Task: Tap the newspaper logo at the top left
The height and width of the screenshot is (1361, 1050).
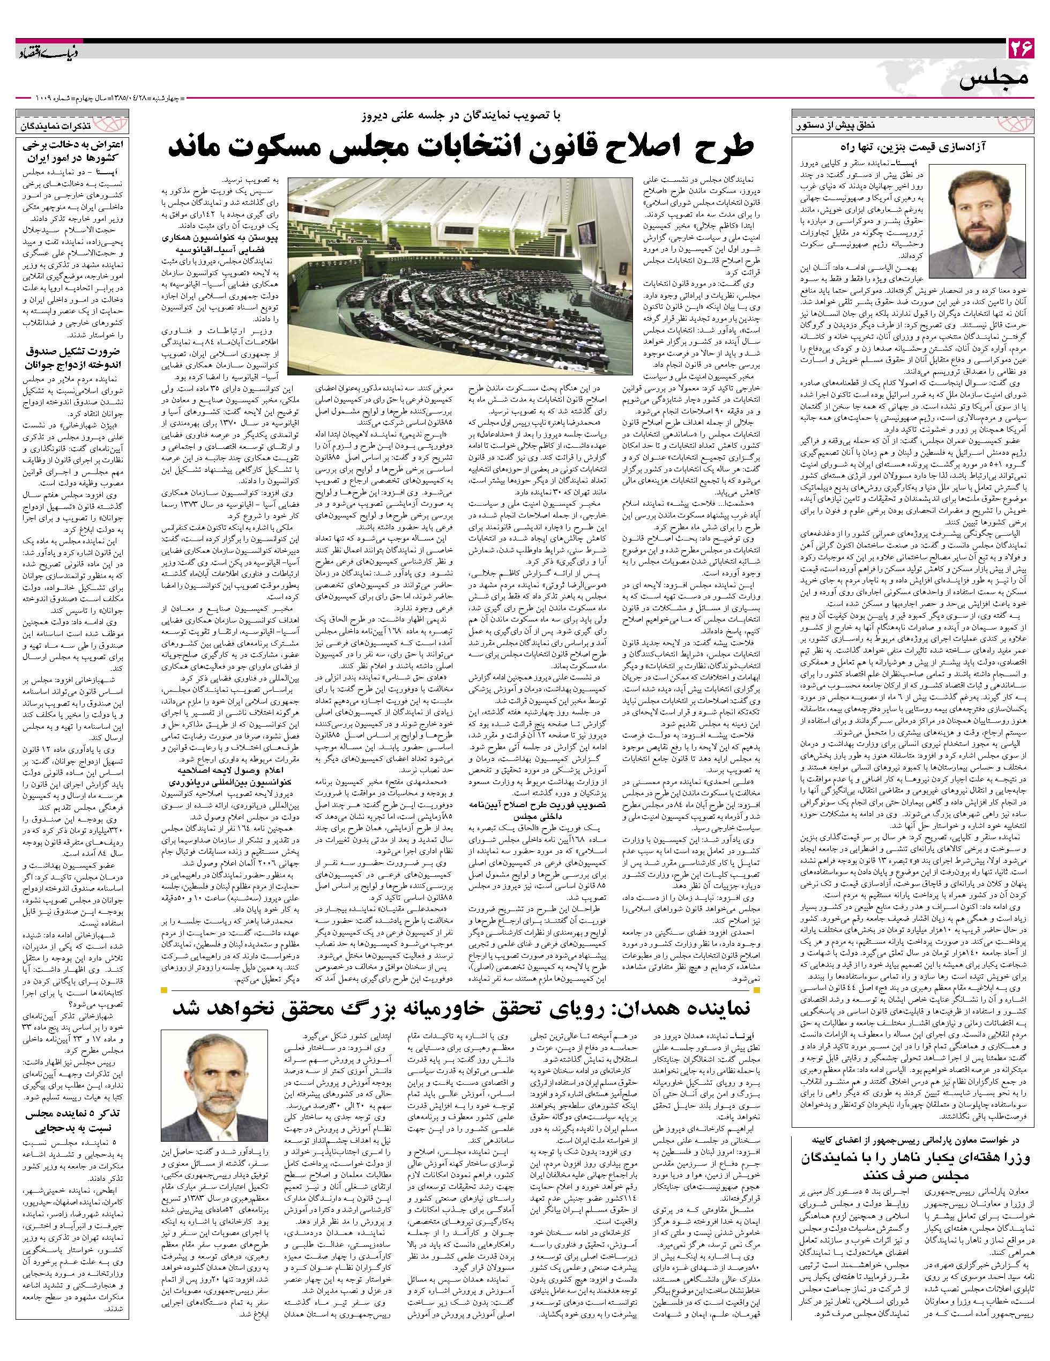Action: click(47, 51)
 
